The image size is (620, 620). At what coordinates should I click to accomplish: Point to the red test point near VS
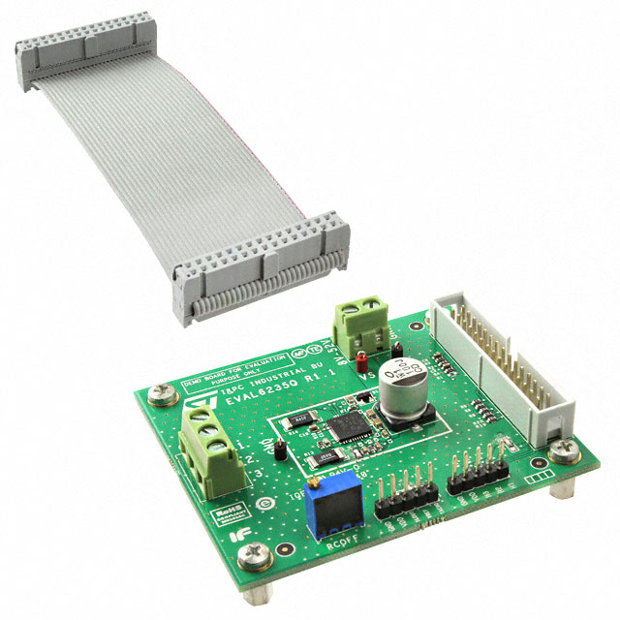click(359, 364)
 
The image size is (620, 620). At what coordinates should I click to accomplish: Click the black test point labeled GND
click(276, 449)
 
